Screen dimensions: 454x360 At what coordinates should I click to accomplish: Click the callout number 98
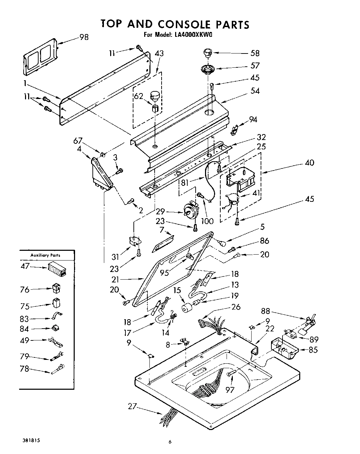tap(84, 37)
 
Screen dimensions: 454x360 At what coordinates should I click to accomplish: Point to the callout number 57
tap(255, 66)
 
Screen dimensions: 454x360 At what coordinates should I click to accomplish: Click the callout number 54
tap(255, 91)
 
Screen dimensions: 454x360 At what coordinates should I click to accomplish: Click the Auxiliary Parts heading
tap(46, 255)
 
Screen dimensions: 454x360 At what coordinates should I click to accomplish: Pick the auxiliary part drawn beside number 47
tap(57, 270)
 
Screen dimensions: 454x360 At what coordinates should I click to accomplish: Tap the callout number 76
tap(25, 289)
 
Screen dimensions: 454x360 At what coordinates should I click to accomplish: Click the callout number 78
tap(24, 369)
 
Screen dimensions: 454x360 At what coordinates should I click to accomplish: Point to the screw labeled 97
tap(231, 373)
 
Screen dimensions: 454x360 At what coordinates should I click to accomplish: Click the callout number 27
tap(132, 406)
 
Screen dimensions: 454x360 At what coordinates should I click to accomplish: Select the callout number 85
tap(313, 350)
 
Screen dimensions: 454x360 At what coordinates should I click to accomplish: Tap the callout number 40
tap(309, 162)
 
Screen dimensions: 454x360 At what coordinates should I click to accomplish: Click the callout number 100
tap(207, 221)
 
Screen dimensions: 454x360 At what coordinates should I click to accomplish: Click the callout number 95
tap(164, 272)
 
